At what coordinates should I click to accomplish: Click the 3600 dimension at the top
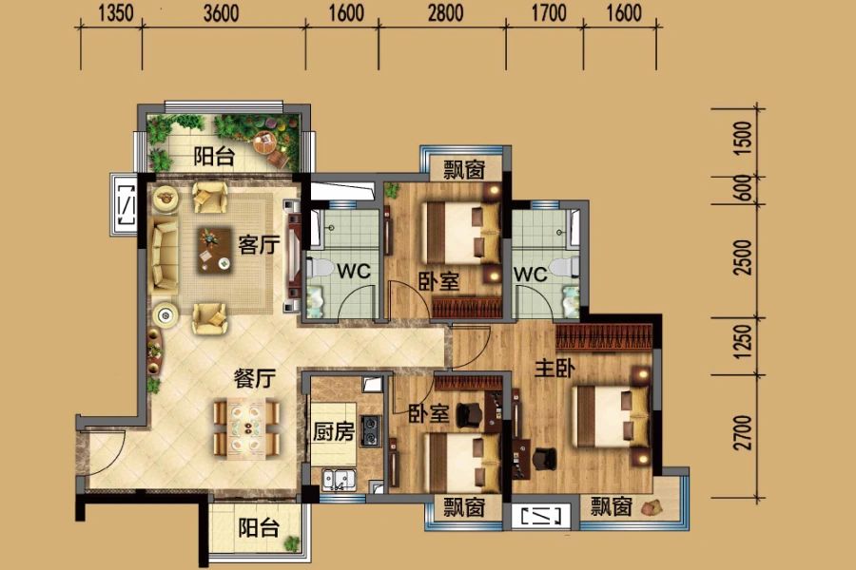click(221, 13)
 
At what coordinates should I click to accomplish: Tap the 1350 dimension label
click(116, 13)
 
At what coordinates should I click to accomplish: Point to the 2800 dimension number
click(445, 13)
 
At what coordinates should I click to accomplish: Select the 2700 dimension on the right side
click(743, 432)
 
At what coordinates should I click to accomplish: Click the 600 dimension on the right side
click(743, 188)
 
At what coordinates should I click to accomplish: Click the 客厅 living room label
click(259, 245)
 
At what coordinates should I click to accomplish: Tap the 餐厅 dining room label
click(255, 378)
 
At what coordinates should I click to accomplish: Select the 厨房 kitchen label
click(334, 431)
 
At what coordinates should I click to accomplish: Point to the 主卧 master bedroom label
click(554, 369)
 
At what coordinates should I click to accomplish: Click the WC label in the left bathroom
click(354, 271)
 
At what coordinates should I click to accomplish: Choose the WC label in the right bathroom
click(530, 274)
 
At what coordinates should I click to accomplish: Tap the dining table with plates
click(246, 427)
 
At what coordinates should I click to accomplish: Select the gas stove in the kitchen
click(371, 429)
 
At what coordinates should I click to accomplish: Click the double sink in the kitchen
click(339, 479)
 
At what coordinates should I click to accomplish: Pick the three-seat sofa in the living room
click(165, 256)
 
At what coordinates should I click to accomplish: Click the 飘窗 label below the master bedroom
click(612, 506)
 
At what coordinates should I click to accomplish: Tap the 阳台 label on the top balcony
click(215, 157)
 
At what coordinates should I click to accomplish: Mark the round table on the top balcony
click(265, 142)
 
